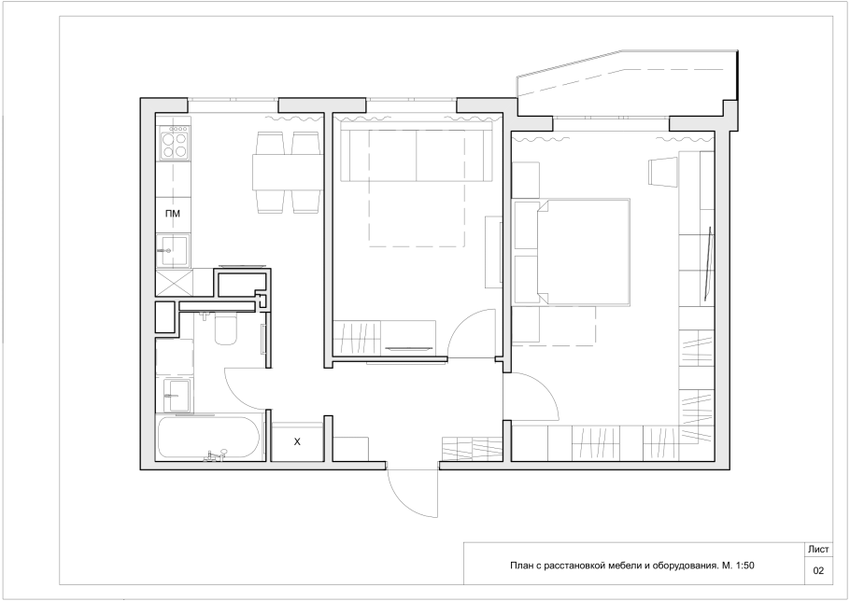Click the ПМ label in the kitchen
tap(173, 214)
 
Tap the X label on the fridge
tap(297, 441)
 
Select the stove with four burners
tap(174, 143)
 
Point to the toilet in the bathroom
tap(225, 329)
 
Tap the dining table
tap(288, 172)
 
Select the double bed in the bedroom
tap(572, 252)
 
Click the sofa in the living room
tap(417, 153)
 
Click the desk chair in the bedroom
tap(662, 172)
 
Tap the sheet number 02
tap(818, 571)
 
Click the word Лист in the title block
tap(818, 549)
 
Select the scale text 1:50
tap(744, 566)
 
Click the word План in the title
tap(520, 566)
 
